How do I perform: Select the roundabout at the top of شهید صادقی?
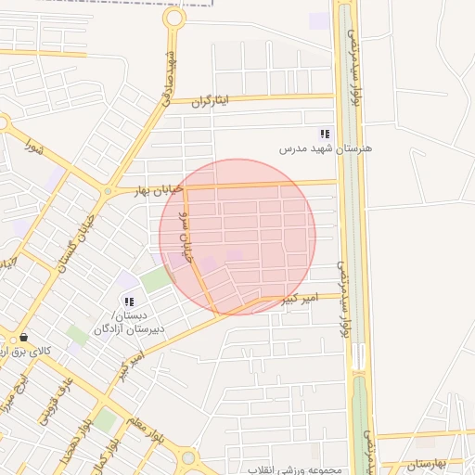point(173,18)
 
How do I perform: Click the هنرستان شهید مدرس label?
point(325,148)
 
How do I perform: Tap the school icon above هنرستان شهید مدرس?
point(325,134)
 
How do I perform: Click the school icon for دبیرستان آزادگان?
point(128,302)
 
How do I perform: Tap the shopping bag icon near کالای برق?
point(23,338)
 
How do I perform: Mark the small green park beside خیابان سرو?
point(158,278)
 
